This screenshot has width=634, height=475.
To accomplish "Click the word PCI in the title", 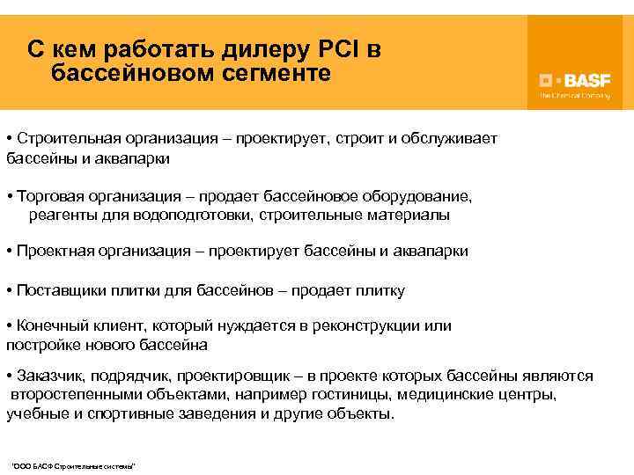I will click(x=335, y=47).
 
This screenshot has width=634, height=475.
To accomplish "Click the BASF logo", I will click(x=574, y=78).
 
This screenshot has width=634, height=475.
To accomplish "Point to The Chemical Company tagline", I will click(x=574, y=95).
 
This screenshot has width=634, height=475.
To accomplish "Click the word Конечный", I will click(x=48, y=326).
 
